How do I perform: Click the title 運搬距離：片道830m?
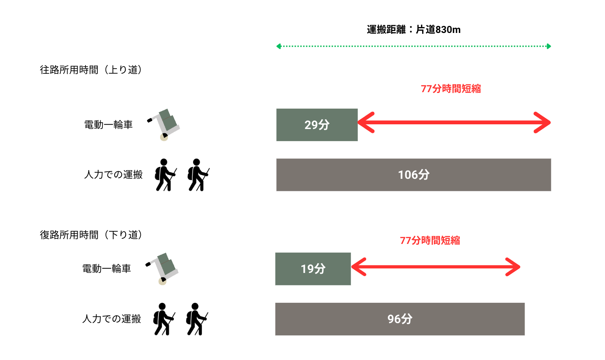click(414, 30)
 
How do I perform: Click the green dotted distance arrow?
click(414, 46)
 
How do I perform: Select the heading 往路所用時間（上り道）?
click(91, 70)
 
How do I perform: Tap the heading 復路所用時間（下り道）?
click(91, 235)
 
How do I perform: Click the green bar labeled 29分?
click(317, 125)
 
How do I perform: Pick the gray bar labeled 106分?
click(414, 175)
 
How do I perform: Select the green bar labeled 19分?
click(313, 269)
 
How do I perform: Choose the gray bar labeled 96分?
click(399, 319)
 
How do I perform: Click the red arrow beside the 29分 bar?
click(454, 122)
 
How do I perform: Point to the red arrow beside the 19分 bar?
click(436, 267)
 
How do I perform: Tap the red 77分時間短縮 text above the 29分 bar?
click(451, 89)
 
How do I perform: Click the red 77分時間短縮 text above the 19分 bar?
click(430, 240)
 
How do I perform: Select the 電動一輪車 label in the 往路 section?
click(108, 125)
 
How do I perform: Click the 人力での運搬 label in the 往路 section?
click(113, 175)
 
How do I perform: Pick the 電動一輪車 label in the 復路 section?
click(106, 269)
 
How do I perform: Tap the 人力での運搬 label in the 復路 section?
click(112, 319)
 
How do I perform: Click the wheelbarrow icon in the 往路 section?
click(164, 124)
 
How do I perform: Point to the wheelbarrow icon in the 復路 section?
click(163, 269)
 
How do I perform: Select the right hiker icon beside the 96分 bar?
click(196, 319)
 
